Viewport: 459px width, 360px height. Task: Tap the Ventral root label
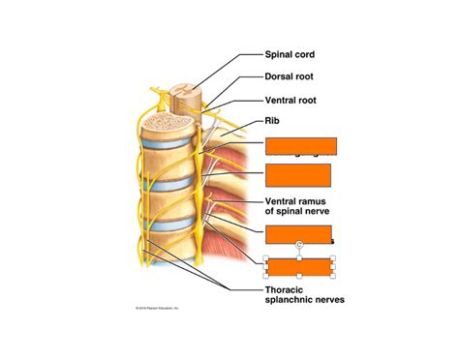coord(293,100)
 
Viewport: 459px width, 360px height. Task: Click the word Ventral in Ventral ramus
coord(281,202)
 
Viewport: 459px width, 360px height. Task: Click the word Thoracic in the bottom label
coord(288,289)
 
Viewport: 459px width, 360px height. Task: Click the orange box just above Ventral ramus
coord(298,176)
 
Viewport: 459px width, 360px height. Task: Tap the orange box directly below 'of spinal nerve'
coord(298,233)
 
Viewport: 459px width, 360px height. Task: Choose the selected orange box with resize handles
coord(300,267)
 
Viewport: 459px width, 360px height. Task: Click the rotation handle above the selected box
coord(300,245)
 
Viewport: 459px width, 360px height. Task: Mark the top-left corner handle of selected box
coord(265,257)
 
